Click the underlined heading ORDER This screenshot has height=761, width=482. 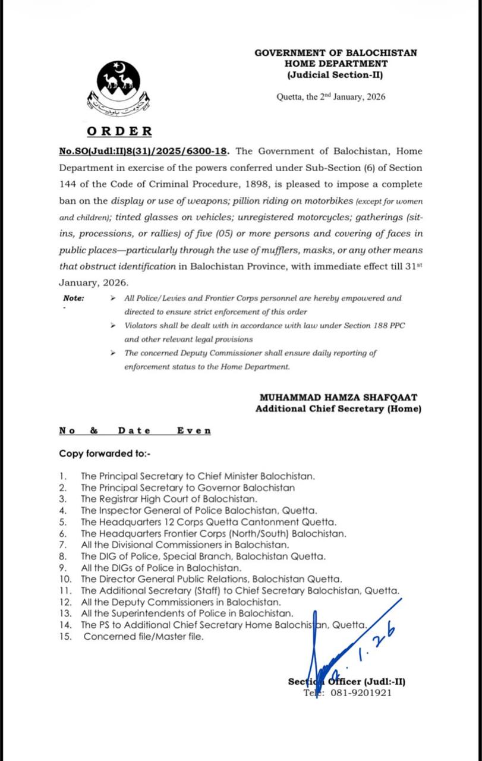pyautogui.click(x=119, y=131)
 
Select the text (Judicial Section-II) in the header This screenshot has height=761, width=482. pyautogui.click(x=336, y=75)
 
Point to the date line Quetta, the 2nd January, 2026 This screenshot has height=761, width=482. pyautogui.click(x=331, y=97)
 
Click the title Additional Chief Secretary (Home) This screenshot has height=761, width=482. pyautogui.click(x=338, y=409)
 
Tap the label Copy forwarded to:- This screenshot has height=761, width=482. pyautogui.click(x=105, y=453)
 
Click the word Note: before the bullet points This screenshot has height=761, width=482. pyautogui.click(x=74, y=298)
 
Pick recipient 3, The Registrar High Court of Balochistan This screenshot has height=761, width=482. pyautogui.click(x=169, y=498)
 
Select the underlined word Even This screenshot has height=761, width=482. pyautogui.click(x=194, y=430)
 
